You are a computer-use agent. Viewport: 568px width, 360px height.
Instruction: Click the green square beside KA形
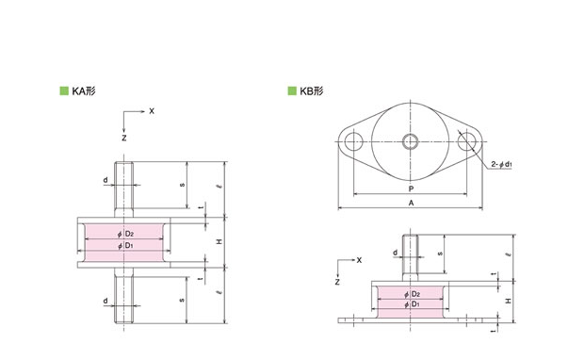click(x=64, y=90)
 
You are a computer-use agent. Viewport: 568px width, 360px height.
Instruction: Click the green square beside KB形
click(x=292, y=90)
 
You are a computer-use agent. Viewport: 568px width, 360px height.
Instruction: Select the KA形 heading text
click(x=84, y=90)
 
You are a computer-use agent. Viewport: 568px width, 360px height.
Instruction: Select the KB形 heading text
click(x=312, y=90)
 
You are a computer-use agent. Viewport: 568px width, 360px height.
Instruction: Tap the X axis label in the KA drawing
click(x=152, y=111)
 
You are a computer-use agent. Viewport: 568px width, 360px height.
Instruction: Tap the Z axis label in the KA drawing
click(x=124, y=138)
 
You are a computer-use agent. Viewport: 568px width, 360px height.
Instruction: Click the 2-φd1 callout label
click(x=501, y=164)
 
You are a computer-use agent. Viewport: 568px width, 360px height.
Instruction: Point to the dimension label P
click(x=411, y=188)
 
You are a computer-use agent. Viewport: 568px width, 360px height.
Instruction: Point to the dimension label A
click(x=411, y=203)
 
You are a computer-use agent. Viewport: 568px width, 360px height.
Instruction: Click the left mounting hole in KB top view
click(x=353, y=141)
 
